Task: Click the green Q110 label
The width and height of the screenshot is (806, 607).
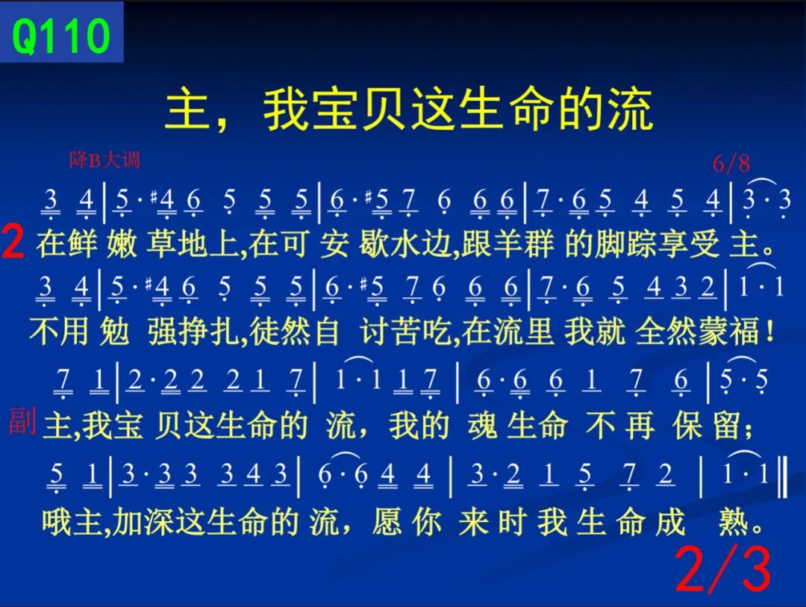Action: (x=60, y=35)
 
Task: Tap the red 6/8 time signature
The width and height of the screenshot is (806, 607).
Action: (x=731, y=164)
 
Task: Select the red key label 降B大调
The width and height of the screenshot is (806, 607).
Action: (x=105, y=160)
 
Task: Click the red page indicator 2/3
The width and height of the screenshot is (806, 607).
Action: (x=723, y=570)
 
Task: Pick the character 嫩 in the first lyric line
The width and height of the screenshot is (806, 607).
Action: (x=122, y=244)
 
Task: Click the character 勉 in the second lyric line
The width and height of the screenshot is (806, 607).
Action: (x=115, y=331)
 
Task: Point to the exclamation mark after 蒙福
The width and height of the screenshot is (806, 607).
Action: (x=769, y=331)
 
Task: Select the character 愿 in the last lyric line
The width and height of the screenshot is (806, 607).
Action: (x=387, y=522)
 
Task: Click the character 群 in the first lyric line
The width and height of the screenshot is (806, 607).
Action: (x=539, y=244)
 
